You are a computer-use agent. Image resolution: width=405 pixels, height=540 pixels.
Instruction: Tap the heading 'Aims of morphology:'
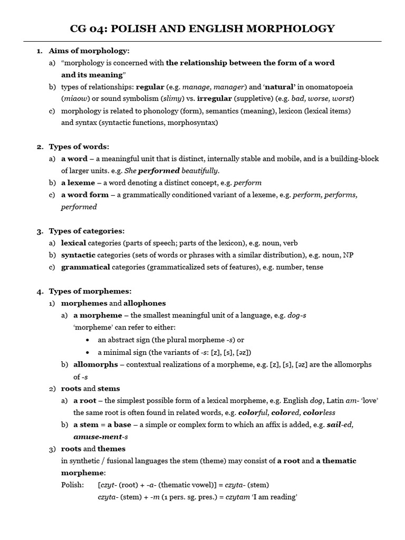point(89,51)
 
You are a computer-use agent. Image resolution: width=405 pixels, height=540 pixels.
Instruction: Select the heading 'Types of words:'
point(79,147)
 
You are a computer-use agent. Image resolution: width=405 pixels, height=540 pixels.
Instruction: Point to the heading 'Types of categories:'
point(87,231)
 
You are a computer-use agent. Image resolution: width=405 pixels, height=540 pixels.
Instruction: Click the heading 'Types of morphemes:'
point(90,291)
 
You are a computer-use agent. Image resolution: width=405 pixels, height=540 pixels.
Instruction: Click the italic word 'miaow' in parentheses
point(73,99)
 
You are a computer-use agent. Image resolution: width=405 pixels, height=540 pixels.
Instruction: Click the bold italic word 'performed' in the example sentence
point(159,171)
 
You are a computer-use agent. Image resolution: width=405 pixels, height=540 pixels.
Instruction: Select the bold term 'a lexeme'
point(78,182)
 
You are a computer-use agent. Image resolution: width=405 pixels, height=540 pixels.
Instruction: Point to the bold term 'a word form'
point(85,195)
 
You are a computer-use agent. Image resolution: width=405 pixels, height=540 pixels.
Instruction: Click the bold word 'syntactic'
point(78,255)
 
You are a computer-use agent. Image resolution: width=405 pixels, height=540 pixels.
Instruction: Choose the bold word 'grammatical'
point(85,267)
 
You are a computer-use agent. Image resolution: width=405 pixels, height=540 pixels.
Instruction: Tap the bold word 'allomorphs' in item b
point(95,364)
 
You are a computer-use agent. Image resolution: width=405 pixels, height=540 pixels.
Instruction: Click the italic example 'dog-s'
point(297,315)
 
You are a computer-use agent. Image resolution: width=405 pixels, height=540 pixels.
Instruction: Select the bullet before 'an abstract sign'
point(87,340)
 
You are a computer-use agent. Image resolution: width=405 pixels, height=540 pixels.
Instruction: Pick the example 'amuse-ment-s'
point(101,437)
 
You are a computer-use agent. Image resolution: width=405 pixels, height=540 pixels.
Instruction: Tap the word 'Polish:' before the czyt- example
point(72,485)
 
